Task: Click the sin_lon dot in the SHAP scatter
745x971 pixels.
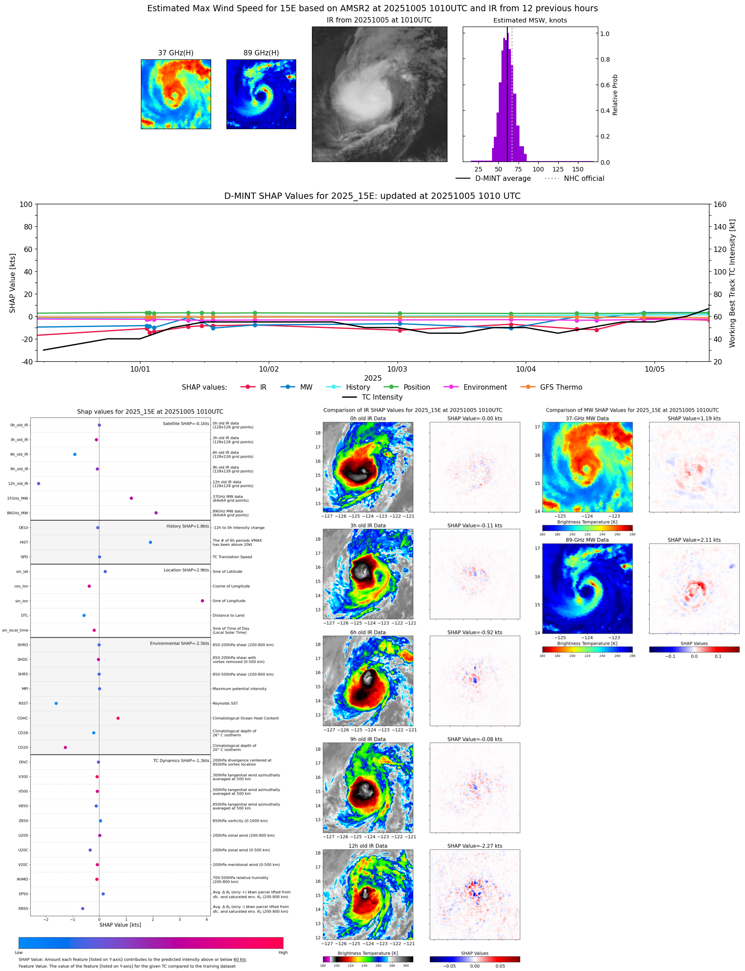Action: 202,601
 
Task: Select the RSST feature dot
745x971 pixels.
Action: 56,703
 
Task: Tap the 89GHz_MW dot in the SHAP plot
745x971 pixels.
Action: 156,513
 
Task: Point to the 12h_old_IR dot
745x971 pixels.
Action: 39,484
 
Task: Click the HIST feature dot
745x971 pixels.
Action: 150,542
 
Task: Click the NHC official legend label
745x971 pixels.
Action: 584,179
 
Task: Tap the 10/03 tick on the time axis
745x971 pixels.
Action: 397,369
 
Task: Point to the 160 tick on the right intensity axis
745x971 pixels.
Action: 720,204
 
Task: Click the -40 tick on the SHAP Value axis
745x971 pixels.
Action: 26,361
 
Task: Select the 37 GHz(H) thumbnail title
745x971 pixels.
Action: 176,53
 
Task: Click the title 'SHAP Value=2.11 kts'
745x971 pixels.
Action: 694,540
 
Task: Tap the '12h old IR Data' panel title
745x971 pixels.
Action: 368,846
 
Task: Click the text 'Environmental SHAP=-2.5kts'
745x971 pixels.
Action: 179,643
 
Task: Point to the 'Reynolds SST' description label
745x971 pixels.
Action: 225,703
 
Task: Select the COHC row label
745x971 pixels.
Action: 23,718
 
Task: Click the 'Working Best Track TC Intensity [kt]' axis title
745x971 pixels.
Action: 732,283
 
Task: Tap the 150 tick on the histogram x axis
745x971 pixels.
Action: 578,169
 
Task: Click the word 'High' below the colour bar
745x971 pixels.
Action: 283,953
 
